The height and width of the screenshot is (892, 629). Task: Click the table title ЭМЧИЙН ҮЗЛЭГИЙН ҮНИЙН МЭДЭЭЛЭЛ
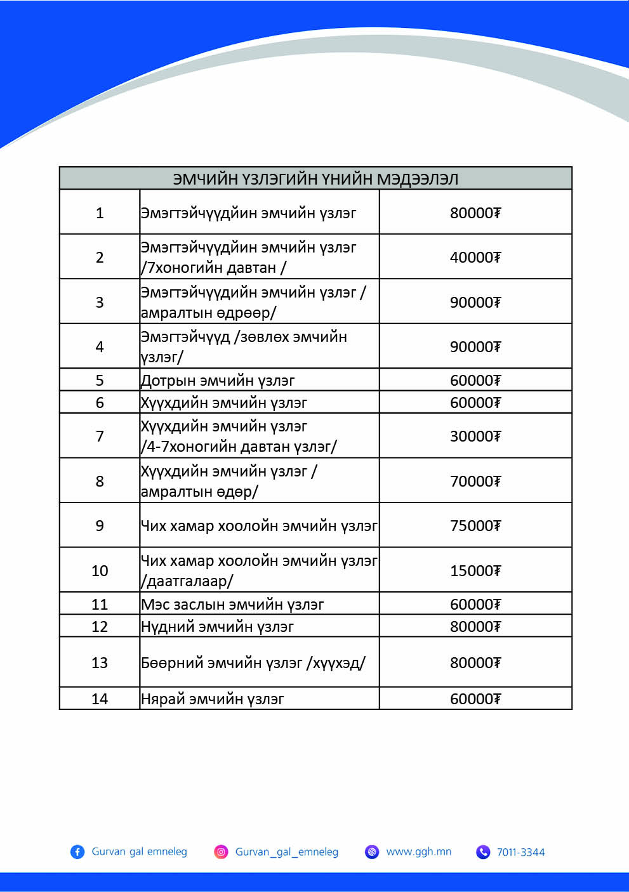pos(315,179)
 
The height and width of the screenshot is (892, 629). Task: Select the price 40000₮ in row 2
pos(475,257)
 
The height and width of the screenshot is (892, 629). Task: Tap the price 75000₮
pos(475,525)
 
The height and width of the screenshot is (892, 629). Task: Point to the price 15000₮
pos(475,570)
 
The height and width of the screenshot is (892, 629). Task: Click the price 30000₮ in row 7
pos(475,436)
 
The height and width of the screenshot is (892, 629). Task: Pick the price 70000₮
pos(475,481)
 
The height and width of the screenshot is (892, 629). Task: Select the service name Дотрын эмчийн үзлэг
pos(218,380)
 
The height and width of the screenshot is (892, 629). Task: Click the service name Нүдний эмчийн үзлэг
pos(217,626)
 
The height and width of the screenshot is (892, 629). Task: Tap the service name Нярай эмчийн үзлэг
pos(212,699)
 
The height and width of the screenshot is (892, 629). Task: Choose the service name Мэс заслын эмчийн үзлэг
pos(232,604)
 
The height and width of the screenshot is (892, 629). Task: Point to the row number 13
pos(100,662)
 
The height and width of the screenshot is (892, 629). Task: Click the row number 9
pos(100,525)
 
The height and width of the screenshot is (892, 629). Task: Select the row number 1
pos(100,213)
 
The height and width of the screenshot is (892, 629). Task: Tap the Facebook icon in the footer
pos(77,851)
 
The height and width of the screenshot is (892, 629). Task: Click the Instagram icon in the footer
pos(221,851)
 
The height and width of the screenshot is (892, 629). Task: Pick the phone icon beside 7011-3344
pos(483,851)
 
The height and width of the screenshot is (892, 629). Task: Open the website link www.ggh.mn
pos(419,851)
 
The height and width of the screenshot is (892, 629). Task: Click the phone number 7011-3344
pos(520,852)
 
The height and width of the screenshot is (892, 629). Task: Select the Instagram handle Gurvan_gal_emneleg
pos(287,851)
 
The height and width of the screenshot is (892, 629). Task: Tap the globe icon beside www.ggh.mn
pos(372,851)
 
